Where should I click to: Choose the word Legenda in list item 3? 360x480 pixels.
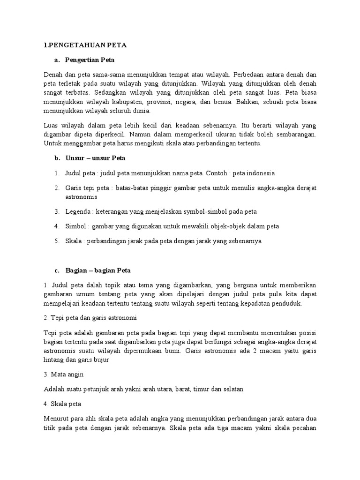tap(77, 211)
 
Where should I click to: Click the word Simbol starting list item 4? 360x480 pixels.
tap(75, 226)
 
